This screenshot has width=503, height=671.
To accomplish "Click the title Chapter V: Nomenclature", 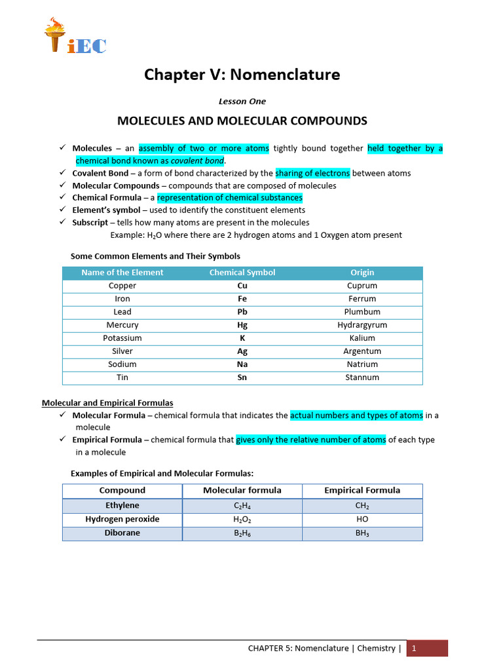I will click(242, 75).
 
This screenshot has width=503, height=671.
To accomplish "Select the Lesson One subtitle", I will click(242, 102).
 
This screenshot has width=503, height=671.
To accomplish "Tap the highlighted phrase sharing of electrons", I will click(312, 174).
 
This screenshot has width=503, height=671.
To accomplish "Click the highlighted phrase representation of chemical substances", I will click(229, 198).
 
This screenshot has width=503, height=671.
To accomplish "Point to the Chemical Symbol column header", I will click(242, 273).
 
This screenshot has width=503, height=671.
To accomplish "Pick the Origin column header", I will click(362, 273).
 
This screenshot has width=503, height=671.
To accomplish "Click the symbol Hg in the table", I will click(242, 325).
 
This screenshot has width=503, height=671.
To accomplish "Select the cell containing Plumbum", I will click(362, 312).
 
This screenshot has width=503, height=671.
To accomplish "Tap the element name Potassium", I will click(122, 338).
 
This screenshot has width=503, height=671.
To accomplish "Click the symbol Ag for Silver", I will click(242, 351).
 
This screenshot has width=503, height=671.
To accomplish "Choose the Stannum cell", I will click(362, 377).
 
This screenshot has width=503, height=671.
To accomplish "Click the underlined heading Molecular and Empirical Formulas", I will click(107, 403).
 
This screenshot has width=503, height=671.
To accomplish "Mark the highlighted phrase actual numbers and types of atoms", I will click(356, 415).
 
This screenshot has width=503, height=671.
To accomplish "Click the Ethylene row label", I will click(122, 506).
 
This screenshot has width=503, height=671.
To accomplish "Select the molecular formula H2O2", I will click(242, 520).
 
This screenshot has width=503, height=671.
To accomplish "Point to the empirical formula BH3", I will click(362, 533).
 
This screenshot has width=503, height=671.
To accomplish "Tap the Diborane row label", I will click(122, 533).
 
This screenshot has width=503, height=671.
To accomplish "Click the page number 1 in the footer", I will click(413, 649).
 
